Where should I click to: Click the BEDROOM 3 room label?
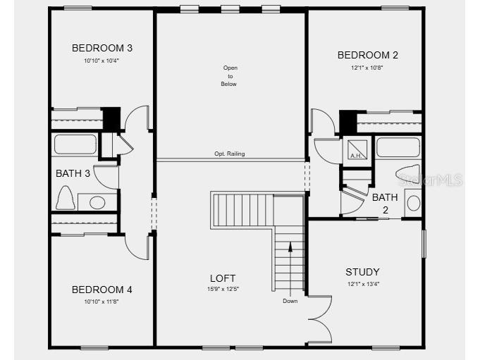(102, 48)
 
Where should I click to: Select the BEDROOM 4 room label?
(102, 290)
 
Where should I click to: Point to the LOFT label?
(223, 278)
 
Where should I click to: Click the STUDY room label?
(362, 272)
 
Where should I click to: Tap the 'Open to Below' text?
(230, 76)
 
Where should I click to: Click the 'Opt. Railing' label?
(230, 154)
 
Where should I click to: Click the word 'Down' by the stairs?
(290, 301)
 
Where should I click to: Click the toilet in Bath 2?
(409, 173)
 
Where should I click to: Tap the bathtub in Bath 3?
(75, 144)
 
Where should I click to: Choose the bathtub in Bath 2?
(398, 147)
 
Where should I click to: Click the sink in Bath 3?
(97, 203)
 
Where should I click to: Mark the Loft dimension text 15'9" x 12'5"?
(223, 290)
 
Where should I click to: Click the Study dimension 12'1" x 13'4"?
(362, 284)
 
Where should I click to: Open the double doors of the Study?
(319, 318)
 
